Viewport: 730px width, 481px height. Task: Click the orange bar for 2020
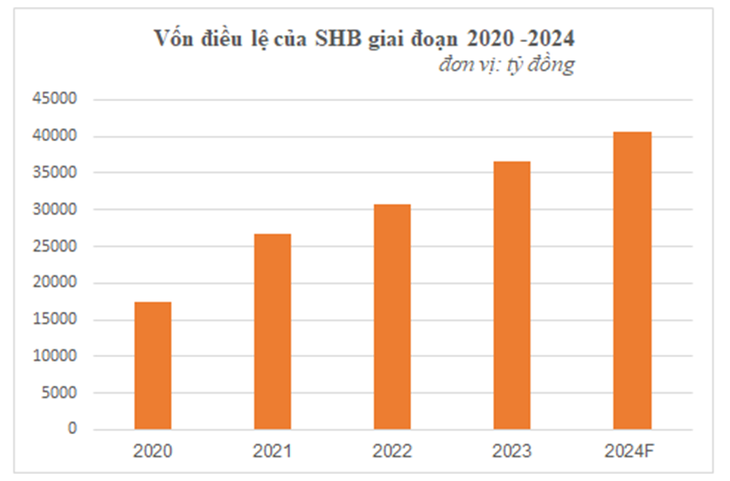tap(153, 365)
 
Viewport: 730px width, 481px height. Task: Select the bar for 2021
tap(272, 331)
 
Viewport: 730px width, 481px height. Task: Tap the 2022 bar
tap(392, 316)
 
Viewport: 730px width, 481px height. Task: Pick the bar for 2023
tap(512, 295)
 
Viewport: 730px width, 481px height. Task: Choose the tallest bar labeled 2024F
tap(632, 280)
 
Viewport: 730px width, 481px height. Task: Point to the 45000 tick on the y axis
tap(57, 100)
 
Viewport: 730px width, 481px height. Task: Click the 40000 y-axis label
tap(57, 136)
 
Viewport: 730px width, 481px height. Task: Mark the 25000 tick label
tap(57, 246)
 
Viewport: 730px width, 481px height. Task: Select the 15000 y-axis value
tap(57, 320)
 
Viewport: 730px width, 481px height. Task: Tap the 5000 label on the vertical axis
tap(61, 393)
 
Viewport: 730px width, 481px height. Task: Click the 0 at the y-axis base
tap(73, 429)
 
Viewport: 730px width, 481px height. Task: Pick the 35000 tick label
tap(57, 173)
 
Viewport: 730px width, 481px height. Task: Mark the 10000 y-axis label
tap(57, 356)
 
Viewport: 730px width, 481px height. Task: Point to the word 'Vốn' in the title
tap(173, 39)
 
